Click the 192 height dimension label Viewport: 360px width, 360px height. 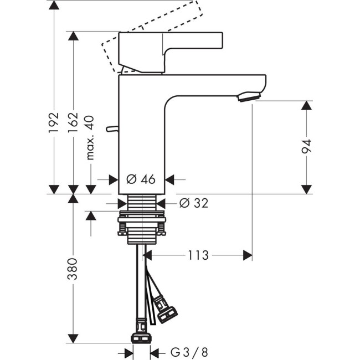coord(54,123)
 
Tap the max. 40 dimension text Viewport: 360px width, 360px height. coord(91,138)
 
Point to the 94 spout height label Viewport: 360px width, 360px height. coord(306,147)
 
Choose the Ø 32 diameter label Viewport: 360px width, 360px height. coord(194,203)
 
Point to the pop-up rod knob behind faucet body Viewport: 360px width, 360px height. coord(112,130)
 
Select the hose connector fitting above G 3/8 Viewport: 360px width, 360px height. coord(142,337)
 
